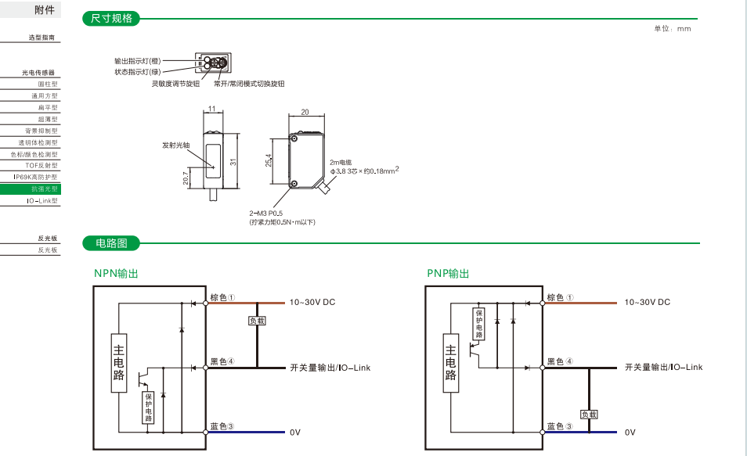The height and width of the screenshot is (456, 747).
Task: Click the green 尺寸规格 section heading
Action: tap(112, 19)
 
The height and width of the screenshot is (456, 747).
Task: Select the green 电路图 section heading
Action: tap(111, 244)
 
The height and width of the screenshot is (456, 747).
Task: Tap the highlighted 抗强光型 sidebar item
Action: tap(44, 189)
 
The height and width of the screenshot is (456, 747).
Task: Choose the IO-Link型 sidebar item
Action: tap(42, 201)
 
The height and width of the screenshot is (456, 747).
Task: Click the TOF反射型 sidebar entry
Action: tap(41, 166)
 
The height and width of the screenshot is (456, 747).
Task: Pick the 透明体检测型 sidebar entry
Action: tap(38, 142)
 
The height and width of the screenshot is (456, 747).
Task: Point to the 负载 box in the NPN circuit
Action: tap(257, 321)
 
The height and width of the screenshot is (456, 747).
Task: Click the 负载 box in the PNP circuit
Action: tap(589, 414)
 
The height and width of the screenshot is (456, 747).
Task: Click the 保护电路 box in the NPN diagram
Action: tap(148, 407)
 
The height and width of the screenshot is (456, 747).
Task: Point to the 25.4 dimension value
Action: tap(269, 160)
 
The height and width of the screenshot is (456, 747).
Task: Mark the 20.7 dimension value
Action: tap(186, 179)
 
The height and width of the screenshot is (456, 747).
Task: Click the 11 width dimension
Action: tap(212, 109)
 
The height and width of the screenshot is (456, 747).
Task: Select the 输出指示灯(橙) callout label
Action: tap(137, 60)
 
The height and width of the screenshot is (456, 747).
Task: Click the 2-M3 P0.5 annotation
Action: tap(266, 213)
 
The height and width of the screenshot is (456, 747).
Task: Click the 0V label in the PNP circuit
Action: tap(630, 432)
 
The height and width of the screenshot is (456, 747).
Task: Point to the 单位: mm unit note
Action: tap(673, 29)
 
